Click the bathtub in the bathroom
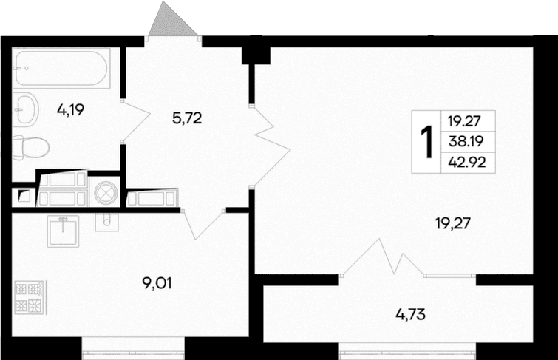[x=61, y=68]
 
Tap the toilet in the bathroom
[x=30, y=147]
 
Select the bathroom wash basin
[x=25, y=108]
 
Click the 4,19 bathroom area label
[x=70, y=110]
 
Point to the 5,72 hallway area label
[x=187, y=118]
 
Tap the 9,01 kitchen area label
[x=157, y=283]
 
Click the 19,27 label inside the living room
[x=453, y=223]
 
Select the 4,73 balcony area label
[x=411, y=314]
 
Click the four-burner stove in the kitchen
[x=29, y=297]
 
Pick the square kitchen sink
[x=63, y=231]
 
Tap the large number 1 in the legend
[x=426, y=141]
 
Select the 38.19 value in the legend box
[x=466, y=142]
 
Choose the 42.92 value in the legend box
[x=467, y=163]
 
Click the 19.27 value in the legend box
[x=464, y=121]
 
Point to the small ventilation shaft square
[x=24, y=195]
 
